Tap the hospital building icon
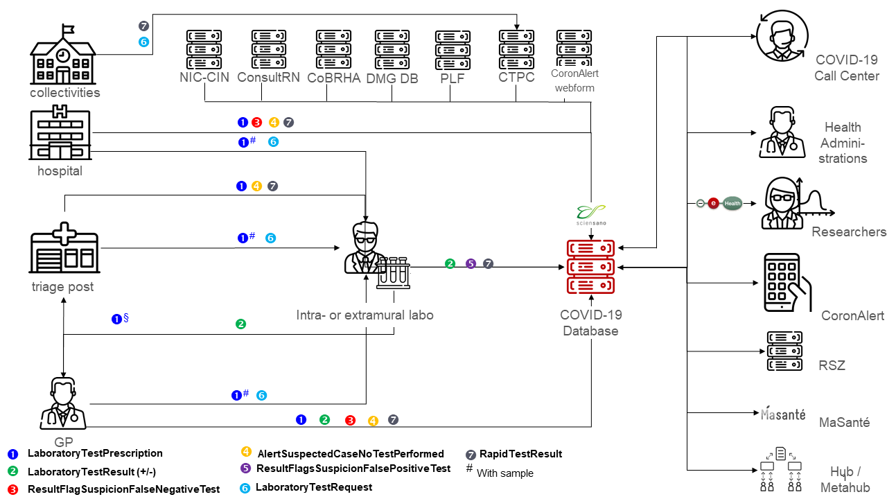(x=60, y=133)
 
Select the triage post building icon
(x=64, y=250)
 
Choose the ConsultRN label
(x=268, y=77)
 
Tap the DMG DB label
(x=392, y=78)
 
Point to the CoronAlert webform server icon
(x=574, y=46)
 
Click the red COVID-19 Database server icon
(x=590, y=267)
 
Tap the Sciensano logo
(x=590, y=214)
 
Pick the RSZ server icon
(x=784, y=351)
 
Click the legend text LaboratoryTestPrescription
(x=95, y=453)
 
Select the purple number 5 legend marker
(x=245, y=469)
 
